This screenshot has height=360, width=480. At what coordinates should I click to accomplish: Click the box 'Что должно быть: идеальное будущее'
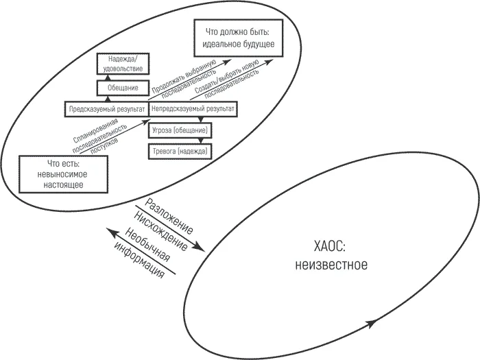coord(239,38)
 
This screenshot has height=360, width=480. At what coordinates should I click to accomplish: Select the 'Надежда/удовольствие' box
coord(123,64)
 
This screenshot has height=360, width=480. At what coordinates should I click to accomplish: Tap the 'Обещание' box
coord(123,88)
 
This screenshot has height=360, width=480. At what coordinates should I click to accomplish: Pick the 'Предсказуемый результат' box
coord(106,109)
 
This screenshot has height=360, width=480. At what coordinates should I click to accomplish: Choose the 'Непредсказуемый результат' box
coord(193,109)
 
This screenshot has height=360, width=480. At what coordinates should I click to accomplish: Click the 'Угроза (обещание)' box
coord(180,131)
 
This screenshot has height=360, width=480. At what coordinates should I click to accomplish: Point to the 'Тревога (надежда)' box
coord(180,152)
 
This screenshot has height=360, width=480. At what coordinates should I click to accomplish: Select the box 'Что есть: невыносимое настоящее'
coord(63,174)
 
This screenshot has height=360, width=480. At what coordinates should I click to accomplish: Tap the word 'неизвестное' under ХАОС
coord(331,265)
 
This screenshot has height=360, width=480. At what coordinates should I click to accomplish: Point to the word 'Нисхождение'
coord(160,231)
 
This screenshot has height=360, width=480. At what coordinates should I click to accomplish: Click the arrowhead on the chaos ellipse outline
coord(371,323)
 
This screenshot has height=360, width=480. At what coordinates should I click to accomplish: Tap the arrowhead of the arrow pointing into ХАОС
coord(199,247)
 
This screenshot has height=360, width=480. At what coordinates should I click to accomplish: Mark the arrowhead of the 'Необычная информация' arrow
coord(112,232)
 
